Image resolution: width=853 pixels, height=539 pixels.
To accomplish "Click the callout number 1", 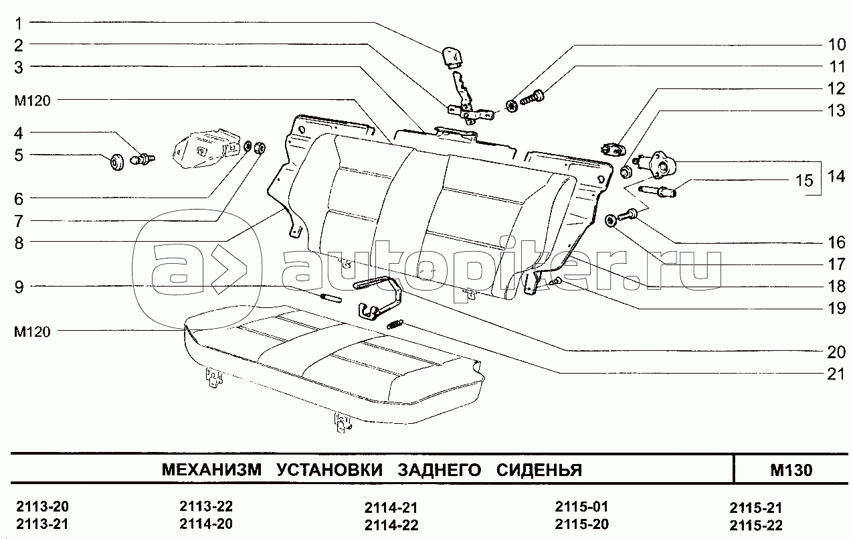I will click(x=19, y=23).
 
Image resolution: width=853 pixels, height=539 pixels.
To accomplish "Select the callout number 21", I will click(x=836, y=374).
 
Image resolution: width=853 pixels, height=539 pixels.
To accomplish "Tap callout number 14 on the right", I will click(x=836, y=177).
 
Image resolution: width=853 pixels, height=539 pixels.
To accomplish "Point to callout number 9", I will click(x=19, y=287).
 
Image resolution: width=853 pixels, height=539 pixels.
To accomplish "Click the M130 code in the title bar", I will click(x=791, y=470).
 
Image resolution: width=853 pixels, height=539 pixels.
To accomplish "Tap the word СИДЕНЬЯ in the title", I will click(x=539, y=470).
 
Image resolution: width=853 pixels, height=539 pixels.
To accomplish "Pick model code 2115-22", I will click(x=755, y=524).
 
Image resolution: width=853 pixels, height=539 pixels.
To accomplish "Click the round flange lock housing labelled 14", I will click(x=662, y=162).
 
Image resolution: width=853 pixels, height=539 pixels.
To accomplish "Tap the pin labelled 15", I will click(x=658, y=192).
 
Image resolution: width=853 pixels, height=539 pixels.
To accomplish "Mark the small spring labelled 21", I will click(x=395, y=325).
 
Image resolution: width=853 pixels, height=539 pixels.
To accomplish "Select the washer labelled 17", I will click(x=611, y=220).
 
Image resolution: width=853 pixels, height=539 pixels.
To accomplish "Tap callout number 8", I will click(x=19, y=243).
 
